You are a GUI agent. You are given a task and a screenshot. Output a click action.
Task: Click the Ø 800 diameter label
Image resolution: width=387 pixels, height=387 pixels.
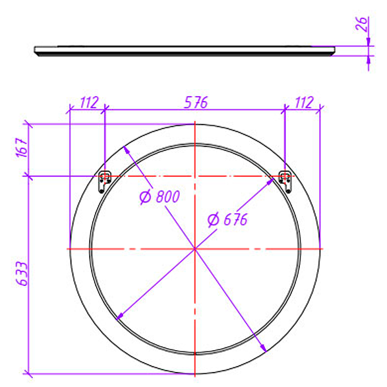click(160, 197)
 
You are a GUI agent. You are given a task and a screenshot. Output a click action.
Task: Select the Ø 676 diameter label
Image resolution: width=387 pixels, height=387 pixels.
click(227, 220)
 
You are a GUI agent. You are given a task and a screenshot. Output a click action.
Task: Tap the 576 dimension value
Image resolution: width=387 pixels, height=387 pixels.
click(196, 103)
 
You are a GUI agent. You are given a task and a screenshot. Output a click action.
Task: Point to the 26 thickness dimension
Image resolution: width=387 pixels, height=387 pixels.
click(362, 24)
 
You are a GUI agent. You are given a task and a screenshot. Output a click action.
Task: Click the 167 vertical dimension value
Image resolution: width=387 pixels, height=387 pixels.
click(21, 148)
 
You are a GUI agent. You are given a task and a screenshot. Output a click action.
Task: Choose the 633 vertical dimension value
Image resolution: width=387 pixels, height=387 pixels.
click(21, 274)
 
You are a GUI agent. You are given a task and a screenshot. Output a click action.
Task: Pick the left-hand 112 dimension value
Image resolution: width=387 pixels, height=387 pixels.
click(89, 103)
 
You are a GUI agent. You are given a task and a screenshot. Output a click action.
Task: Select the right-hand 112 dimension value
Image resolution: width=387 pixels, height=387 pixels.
click(304, 103)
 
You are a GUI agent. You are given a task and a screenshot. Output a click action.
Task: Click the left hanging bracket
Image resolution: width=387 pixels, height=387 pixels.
click(104, 182)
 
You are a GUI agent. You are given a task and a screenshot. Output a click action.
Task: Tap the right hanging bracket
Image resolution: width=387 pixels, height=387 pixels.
click(285, 182)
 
